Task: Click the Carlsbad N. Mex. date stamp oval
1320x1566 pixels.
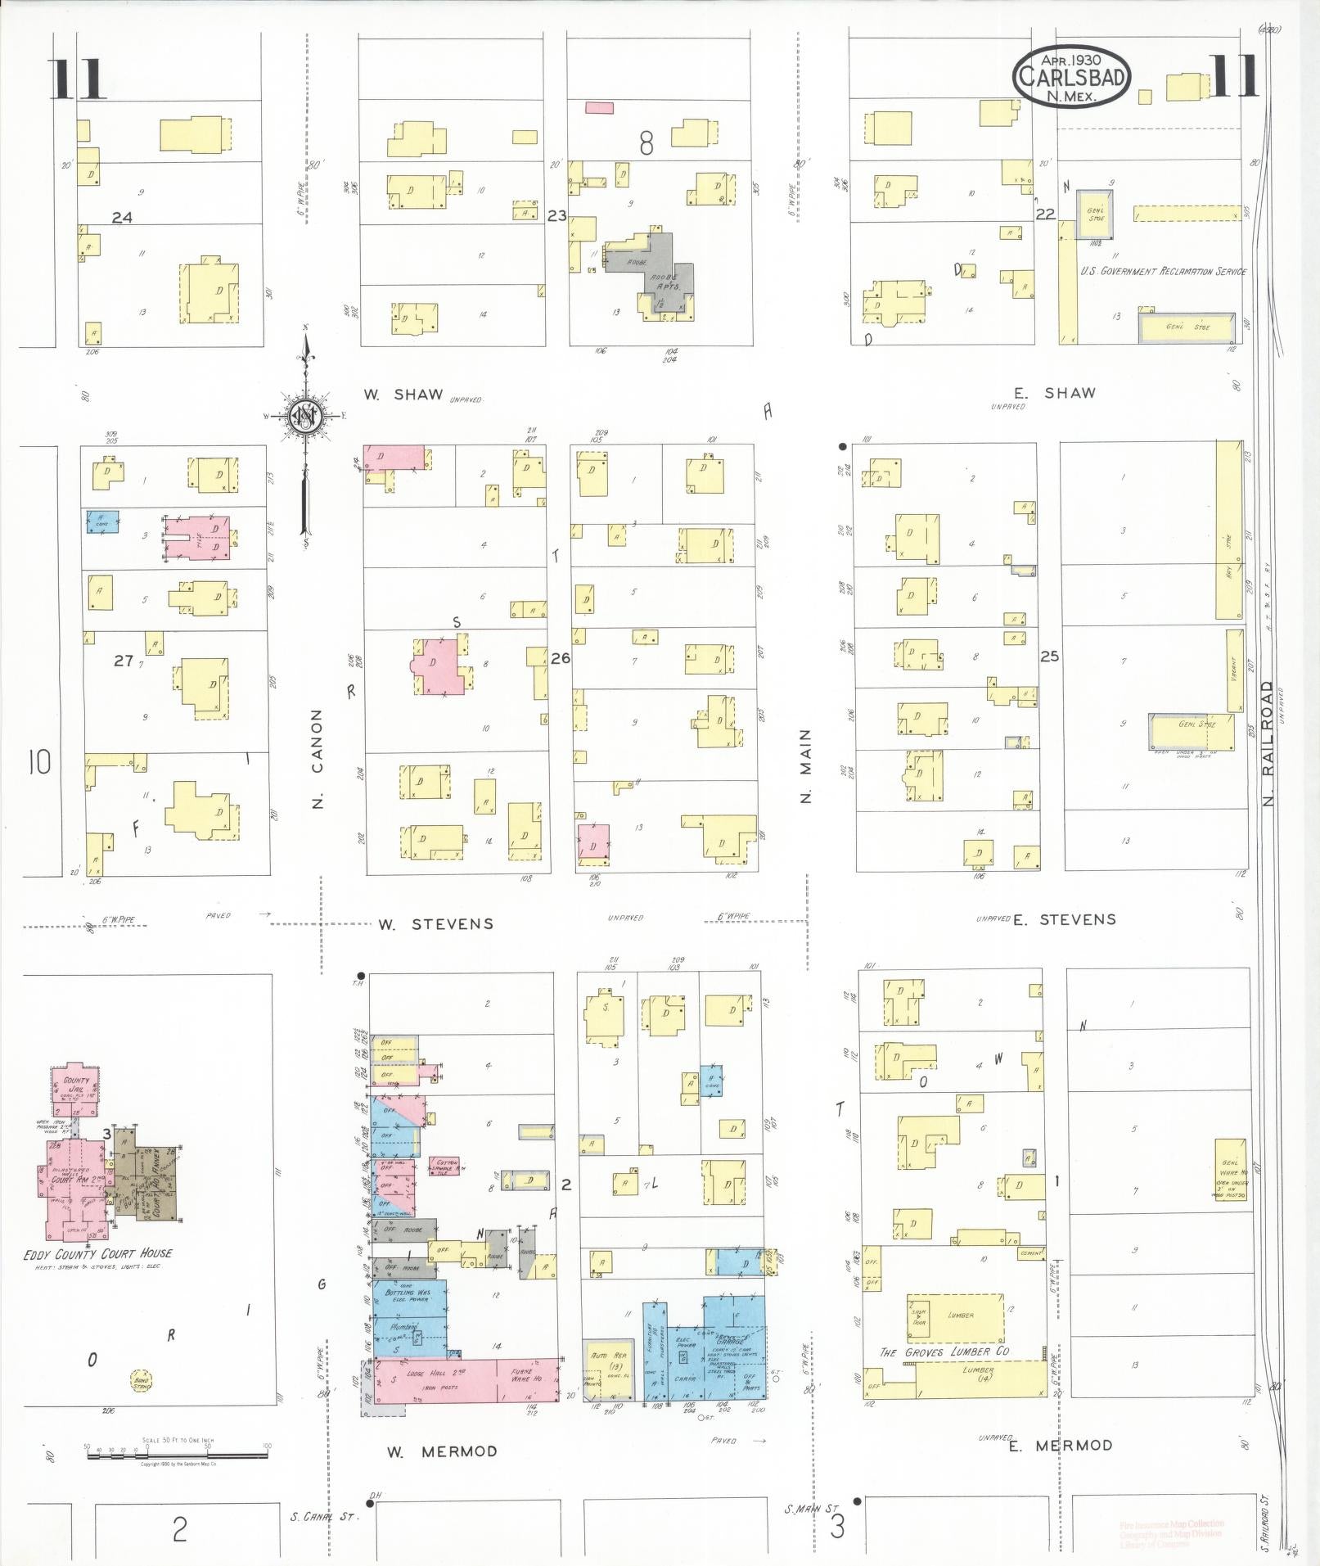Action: point(1071,75)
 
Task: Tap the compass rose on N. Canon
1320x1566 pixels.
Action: point(305,417)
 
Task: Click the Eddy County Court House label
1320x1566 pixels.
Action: point(98,1253)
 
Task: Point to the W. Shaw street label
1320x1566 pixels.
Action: point(403,395)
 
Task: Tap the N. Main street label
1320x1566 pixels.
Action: point(806,765)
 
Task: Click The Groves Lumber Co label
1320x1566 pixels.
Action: point(944,1352)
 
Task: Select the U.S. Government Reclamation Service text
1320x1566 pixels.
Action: point(1163,271)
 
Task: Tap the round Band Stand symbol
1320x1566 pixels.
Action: point(141,1383)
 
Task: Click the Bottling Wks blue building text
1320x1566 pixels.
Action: point(407,1294)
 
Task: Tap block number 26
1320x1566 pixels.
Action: point(561,657)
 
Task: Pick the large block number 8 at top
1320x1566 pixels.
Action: point(646,145)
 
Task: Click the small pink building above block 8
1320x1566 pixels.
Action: point(599,107)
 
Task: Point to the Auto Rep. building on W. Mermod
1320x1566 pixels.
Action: point(606,1364)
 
